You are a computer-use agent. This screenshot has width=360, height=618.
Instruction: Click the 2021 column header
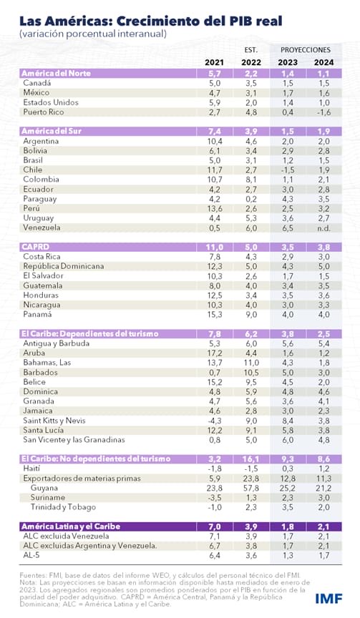point(214,62)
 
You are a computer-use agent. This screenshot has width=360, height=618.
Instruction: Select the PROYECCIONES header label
point(305,50)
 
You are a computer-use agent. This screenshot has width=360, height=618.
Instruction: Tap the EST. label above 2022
point(250,50)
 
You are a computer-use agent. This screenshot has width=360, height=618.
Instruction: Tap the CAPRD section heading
point(37,245)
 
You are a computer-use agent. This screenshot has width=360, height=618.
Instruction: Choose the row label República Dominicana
point(65,266)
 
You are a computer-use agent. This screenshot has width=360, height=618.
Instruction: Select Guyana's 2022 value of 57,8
point(250,486)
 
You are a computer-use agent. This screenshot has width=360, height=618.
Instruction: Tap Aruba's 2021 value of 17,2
point(214,353)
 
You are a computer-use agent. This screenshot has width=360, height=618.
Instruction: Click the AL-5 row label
point(32,555)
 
